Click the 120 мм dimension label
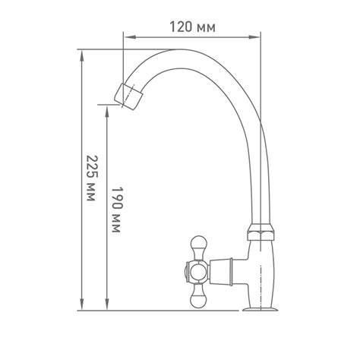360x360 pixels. tap(192, 27)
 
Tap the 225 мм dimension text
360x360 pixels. tap(91, 178)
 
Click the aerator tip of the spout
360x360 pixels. tap(128, 96)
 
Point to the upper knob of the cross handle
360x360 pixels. tap(198, 248)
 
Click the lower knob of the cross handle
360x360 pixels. tap(198, 295)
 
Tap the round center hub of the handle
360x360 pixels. tap(198, 272)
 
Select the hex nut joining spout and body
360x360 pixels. tap(261, 232)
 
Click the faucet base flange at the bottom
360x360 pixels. tap(261, 309)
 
